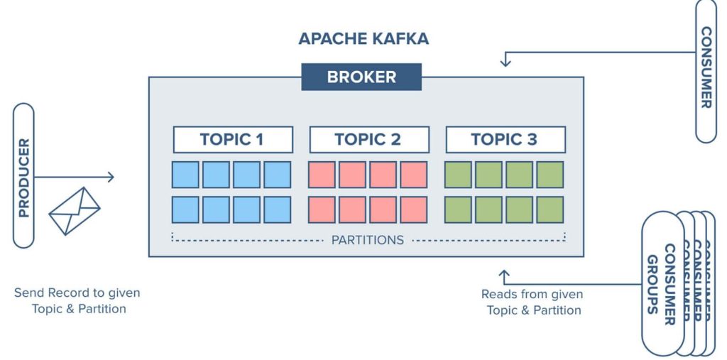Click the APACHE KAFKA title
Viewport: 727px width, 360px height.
point(363,38)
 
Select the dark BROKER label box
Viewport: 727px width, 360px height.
point(361,77)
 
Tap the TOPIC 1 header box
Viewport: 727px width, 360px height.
point(233,139)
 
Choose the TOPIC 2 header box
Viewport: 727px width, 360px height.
point(368,139)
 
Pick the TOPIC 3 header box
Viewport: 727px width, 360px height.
point(505,139)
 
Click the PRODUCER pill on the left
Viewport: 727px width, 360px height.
point(23,176)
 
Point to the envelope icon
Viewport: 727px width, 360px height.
point(74,211)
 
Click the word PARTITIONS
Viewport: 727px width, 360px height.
point(367,240)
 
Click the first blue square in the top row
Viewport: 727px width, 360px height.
point(186,175)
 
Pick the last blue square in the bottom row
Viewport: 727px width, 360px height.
point(277,209)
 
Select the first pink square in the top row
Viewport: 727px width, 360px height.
point(322,175)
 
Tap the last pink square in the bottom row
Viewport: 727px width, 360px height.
point(413,209)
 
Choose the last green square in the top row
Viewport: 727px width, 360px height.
point(550,175)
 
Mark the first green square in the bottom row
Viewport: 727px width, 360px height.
point(458,209)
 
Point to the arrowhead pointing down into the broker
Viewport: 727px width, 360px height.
point(505,62)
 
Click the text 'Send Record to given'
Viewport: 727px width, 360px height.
point(77,293)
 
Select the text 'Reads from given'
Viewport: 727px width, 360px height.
point(532,294)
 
